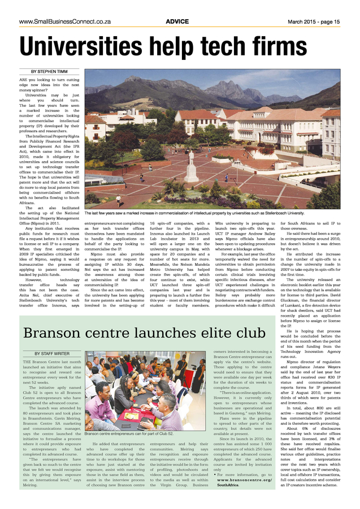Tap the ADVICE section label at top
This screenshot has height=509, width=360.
pyautogui.click(x=177, y=21)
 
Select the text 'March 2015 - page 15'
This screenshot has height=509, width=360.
pyautogui.click(x=312, y=21)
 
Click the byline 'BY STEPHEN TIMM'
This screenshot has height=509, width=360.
pyautogui.click(x=51, y=72)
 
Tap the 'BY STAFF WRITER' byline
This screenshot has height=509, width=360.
pyautogui.click(x=51, y=353)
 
